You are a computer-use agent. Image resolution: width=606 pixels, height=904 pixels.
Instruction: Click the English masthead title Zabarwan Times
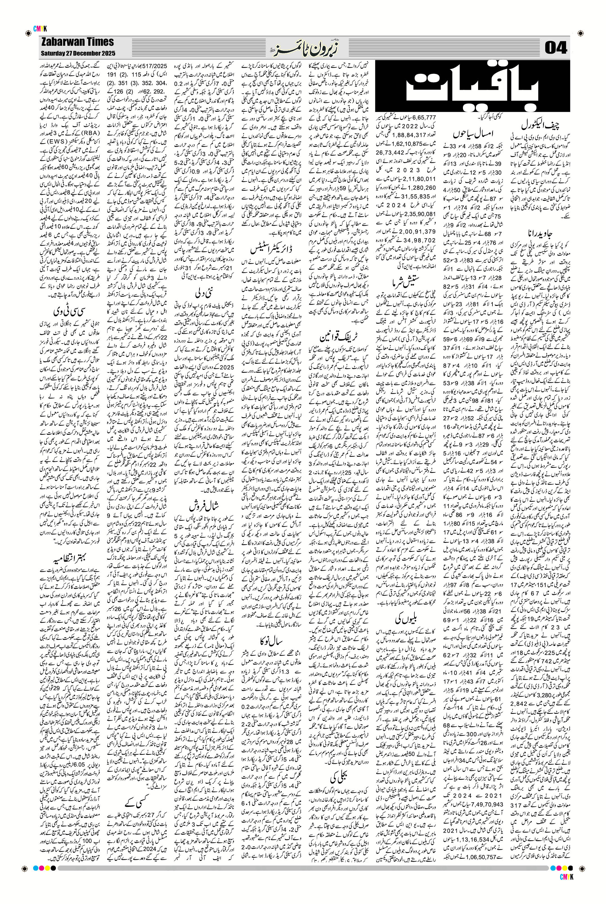[x=77, y=42]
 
